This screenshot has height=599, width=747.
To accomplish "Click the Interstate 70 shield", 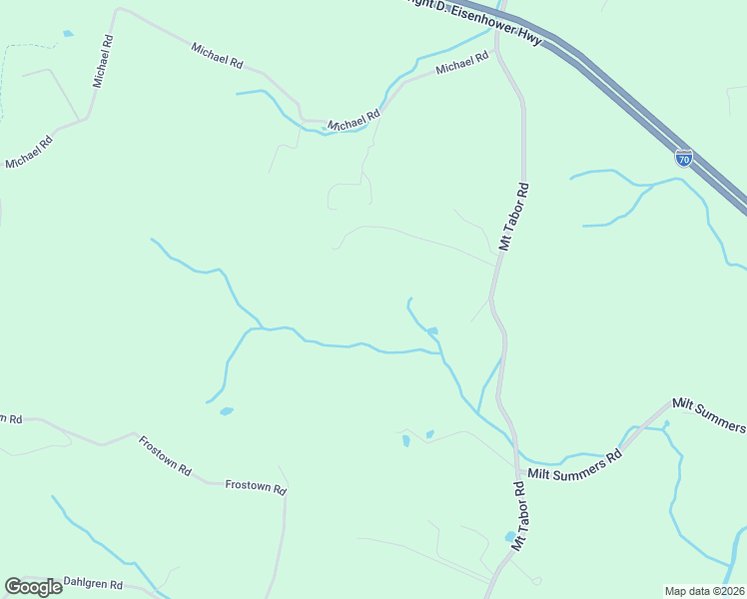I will (683, 158).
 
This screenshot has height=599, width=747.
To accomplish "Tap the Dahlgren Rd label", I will (93, 583).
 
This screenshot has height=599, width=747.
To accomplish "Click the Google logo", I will (33, 586).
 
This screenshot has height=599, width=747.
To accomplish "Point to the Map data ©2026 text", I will (703, 590).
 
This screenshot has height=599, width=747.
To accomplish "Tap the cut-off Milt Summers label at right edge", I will (709, 413).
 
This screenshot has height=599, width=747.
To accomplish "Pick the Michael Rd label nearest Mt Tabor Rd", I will (462, 65).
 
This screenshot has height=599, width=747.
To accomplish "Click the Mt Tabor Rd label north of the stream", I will (512, 216).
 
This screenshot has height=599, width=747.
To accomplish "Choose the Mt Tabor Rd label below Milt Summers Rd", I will (519, 516).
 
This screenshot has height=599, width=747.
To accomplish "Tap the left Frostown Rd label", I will (165, 455).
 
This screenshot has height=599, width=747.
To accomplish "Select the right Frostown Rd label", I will (256, 487).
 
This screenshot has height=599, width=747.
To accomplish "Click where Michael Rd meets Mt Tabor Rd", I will (496, 50).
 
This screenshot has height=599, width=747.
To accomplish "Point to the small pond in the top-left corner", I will (68, 34).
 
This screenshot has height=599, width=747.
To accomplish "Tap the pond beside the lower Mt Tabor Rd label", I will (510, 536).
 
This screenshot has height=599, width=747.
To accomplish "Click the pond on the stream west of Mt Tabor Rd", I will (431, 330).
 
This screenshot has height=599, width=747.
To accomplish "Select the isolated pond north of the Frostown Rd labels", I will (227, 410).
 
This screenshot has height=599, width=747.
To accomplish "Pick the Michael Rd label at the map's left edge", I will (28, 151).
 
